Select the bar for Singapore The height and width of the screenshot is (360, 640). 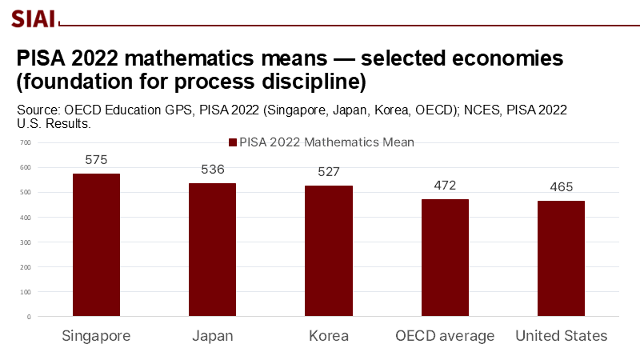click(x=96, y=244)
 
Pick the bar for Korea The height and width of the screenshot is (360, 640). click(x=329, y=250)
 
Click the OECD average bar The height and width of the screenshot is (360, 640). click(x=445, y=258)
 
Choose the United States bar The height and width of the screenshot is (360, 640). click(x=561, y=258)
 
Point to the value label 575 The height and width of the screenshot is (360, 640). click(x=96, y=160)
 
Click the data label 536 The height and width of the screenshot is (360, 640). click(x=212, y=170)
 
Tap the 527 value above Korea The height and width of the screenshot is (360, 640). click(x=329, y=172)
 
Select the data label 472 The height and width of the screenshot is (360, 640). click(x=445, y=186)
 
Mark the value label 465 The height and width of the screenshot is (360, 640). click(x=561, y=187)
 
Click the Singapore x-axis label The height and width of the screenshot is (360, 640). click(x=96, y=335)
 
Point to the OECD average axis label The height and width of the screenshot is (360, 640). click(x=445, y=335)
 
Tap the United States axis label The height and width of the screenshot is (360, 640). click(x=561, y=335)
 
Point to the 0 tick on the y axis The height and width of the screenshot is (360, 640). click(x=28, y=317)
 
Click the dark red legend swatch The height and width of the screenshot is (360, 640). click(x=233, y=142)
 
